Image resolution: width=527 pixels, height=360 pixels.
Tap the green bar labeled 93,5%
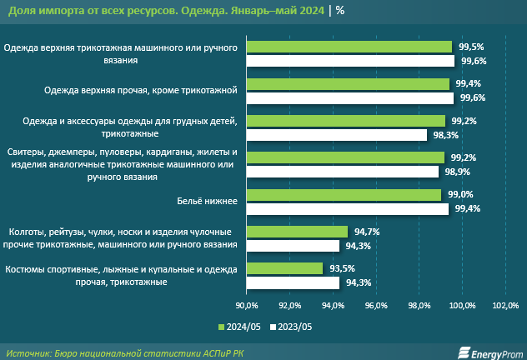(x=284, y=268)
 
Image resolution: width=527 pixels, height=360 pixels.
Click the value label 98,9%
(x=454, y=172)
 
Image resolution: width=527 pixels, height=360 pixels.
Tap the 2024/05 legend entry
(x=240, y=327)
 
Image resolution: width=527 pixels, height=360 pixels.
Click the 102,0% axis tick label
(x=505, y=306)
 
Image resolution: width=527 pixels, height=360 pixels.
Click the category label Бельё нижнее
(x=208, y=202)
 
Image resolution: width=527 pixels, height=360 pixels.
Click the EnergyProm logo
(x=488, y=352)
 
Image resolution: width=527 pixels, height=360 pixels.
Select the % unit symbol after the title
(x=340, y=11)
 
